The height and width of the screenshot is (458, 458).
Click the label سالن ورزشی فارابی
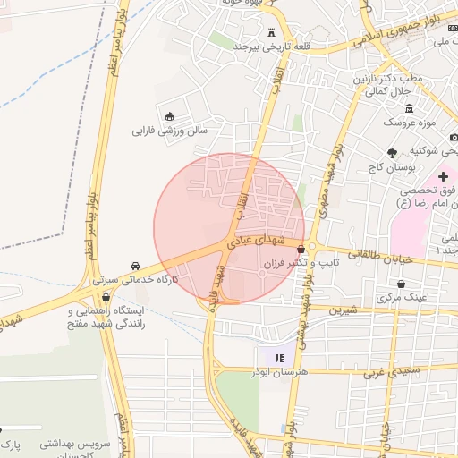170,131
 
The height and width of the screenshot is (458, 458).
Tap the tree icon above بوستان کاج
392,151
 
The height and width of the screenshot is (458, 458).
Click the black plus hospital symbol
443,176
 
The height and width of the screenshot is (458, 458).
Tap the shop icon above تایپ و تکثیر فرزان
301,249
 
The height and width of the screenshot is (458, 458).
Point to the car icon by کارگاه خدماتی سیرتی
135,266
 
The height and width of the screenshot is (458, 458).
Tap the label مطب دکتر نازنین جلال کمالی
387,85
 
